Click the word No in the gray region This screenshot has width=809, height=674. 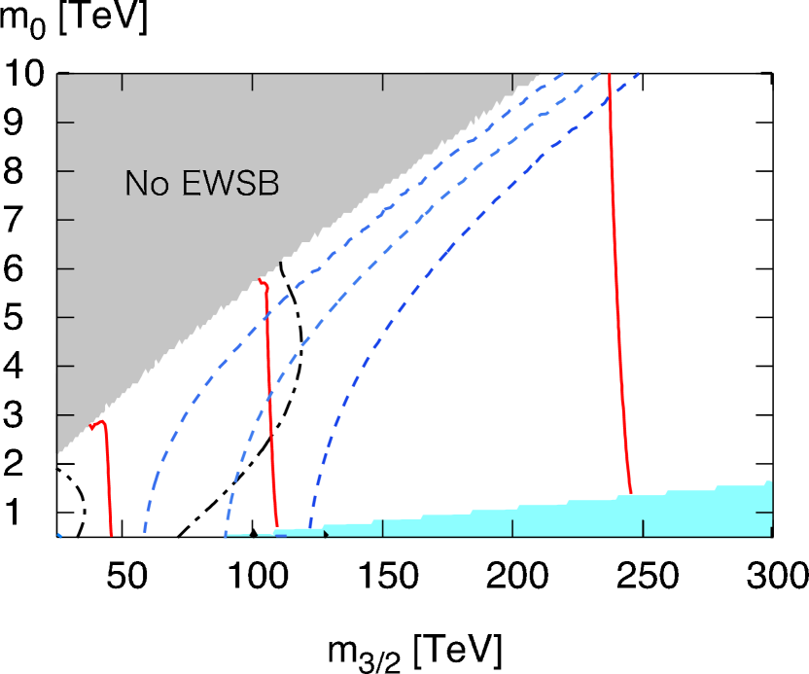pos(146,183)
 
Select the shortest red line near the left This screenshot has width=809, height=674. pos(107,477)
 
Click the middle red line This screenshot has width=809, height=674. pos(269,408)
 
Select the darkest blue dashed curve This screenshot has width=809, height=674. pos(389,331)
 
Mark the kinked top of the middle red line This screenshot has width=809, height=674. pos(263,282)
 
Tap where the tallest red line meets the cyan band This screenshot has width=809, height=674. pos(631,494)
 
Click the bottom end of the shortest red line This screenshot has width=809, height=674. pos(112,534)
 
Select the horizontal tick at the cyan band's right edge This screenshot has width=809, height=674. pos(764,512)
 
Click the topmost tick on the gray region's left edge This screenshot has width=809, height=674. pos(63,123)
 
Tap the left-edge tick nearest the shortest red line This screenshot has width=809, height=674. pos(63,414)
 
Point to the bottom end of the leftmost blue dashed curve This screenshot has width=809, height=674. pos(145,533)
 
